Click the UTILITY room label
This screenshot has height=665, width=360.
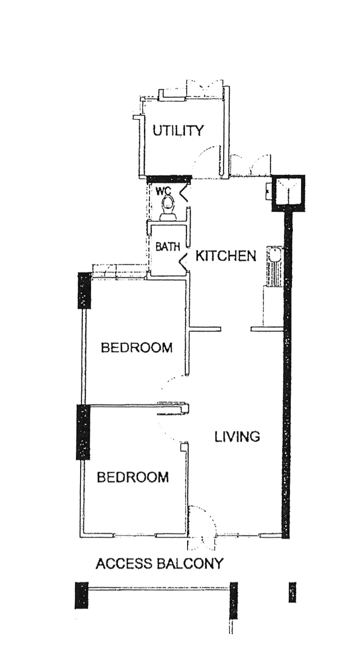pos(178,131)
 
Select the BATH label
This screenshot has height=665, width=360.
pos(168,247)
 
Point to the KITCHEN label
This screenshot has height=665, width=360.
pos(226,256)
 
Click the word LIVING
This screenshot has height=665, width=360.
pos(237,436)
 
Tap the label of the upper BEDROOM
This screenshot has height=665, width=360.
pos(136,347)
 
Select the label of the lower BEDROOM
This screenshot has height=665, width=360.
pos(133,477)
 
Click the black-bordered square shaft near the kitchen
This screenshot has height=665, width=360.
pos(288,193)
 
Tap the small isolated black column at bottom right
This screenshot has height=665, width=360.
pos(292,593)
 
